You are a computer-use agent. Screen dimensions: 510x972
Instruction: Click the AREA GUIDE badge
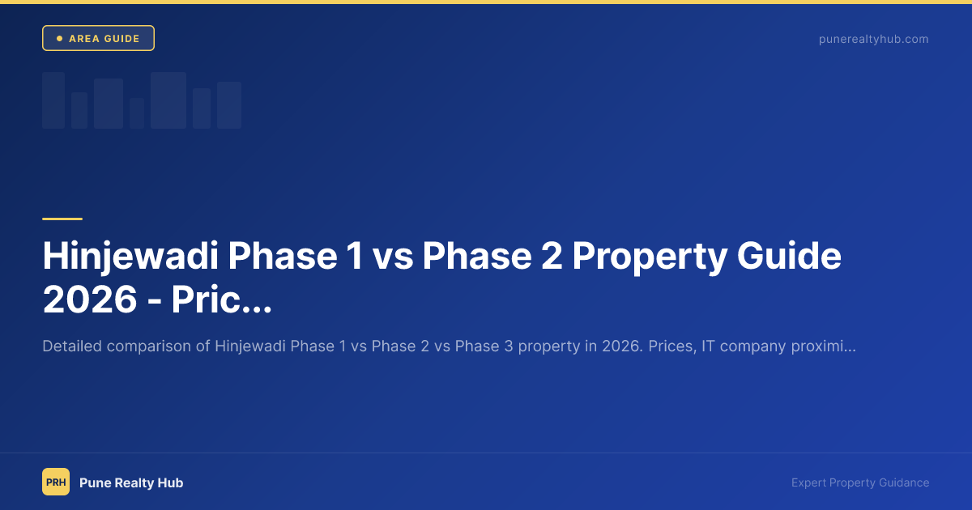(98, 38)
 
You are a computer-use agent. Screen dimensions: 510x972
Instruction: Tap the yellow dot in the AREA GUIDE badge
(59, 38)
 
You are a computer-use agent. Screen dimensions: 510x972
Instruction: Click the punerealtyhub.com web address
(873, 39)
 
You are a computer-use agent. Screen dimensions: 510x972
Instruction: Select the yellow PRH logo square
(56, 482)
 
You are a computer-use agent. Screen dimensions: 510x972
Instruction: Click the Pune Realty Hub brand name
(131, 482)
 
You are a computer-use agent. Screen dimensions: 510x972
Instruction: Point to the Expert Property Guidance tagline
(860, 482)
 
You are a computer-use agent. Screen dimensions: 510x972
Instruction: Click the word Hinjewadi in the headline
(128, 257)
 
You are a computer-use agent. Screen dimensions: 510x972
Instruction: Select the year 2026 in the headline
(89, 300)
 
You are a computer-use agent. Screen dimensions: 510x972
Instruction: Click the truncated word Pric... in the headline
(220, 300)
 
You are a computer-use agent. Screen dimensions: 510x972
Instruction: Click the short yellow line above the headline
(62, 219)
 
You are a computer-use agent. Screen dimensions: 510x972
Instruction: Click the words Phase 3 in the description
(483, 346)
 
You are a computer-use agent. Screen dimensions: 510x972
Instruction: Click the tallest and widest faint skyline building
(168, 100)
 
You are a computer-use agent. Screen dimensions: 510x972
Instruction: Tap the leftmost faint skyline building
(53, 100)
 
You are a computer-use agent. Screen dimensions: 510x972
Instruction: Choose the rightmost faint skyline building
(229, 105)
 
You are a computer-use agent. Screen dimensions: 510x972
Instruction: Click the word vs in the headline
(393, 257)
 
